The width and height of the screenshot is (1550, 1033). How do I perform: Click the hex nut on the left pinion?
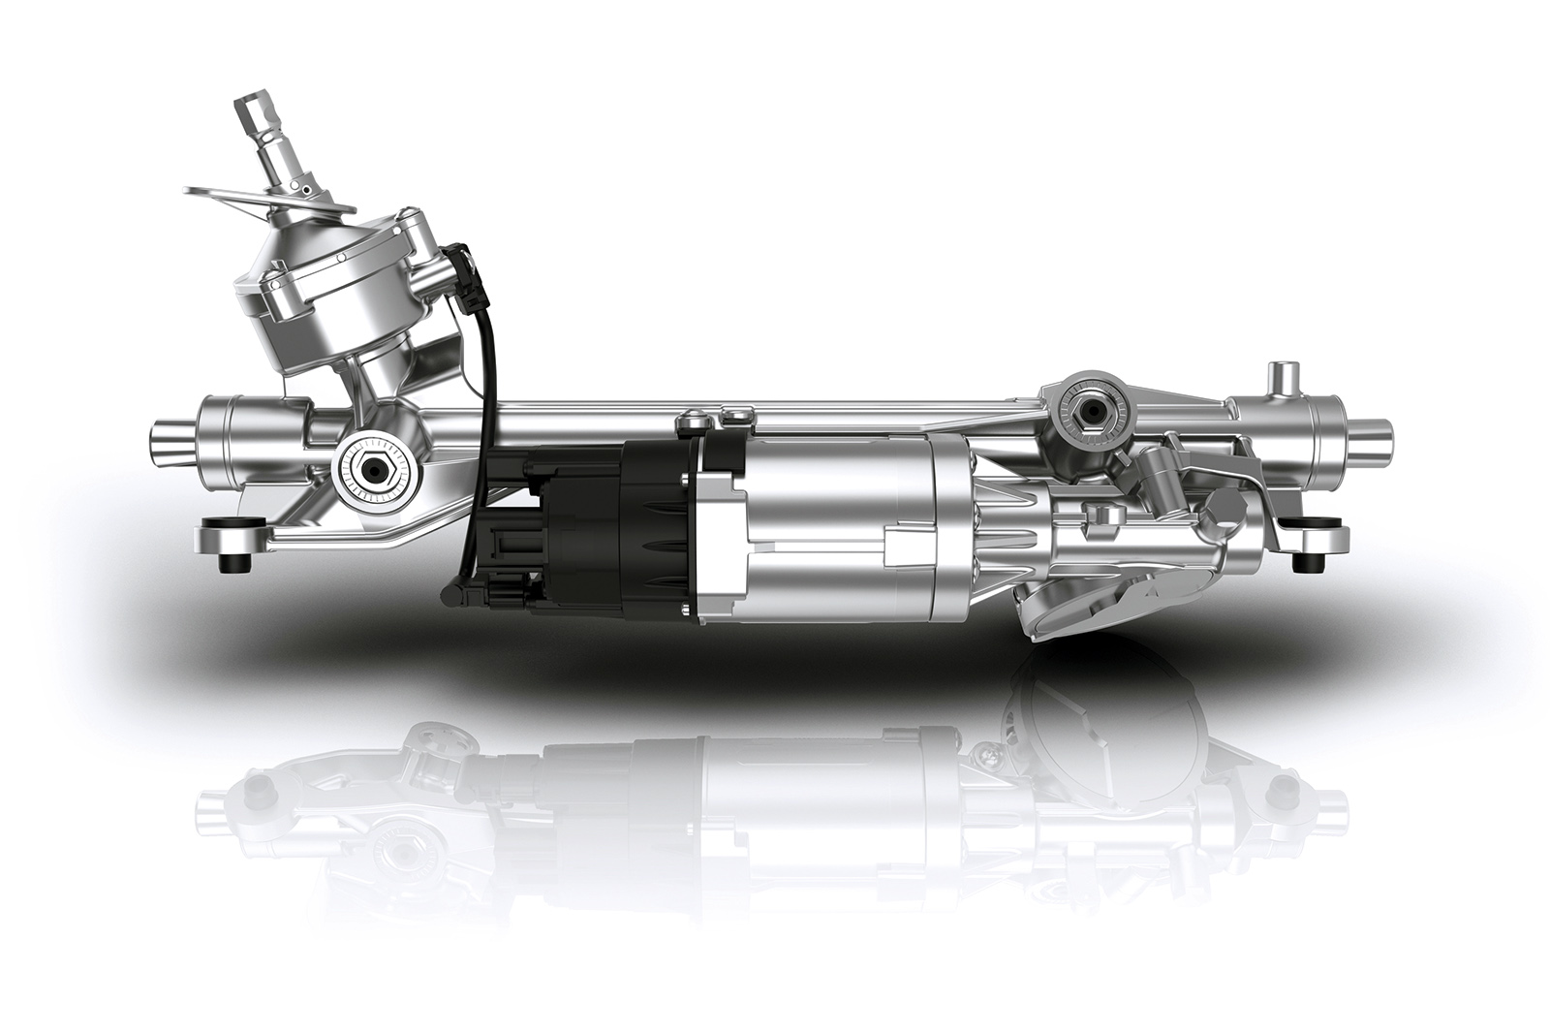pos(372,468)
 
